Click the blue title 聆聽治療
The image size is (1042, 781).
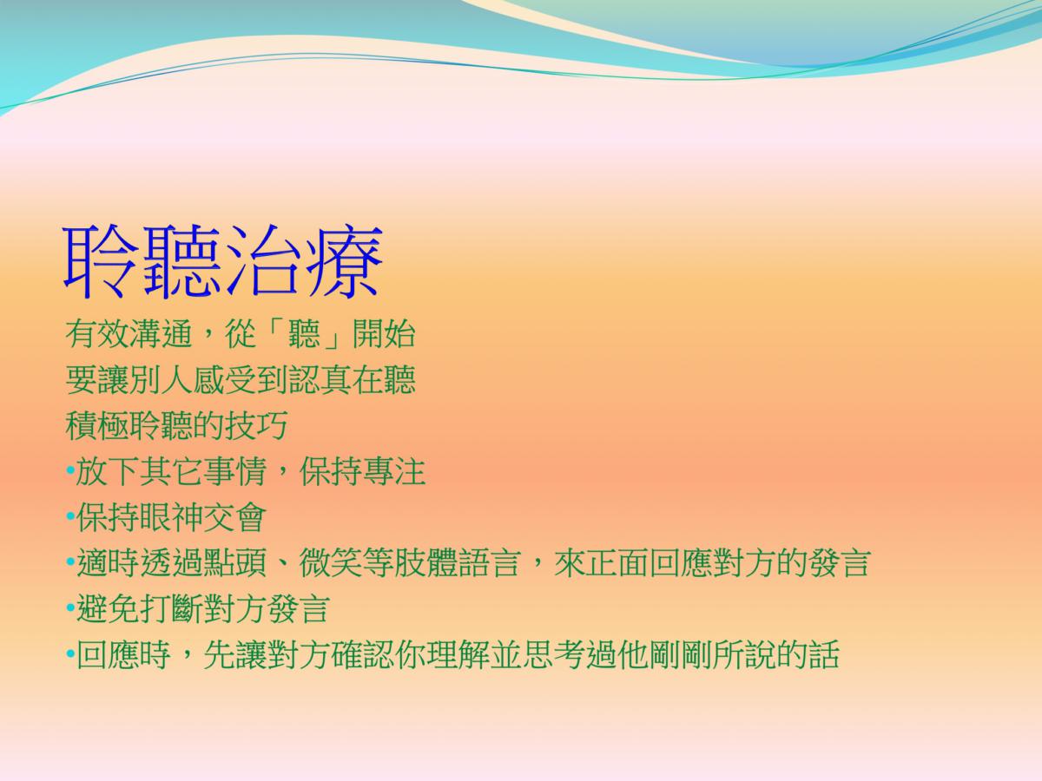(222, 262)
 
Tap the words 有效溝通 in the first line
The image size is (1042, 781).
(129, 334)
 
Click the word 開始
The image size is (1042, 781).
(384, 334)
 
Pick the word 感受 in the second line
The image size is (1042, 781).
(225, 379)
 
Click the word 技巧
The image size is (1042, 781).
(256, 425)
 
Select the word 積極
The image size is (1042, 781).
(97, 425)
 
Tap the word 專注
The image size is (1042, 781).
(394, 471)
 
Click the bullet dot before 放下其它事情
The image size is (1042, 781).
(70, 471)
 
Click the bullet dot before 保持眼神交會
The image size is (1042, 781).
(70, 516)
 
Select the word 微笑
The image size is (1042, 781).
(331, 563)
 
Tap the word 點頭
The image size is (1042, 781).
(235, 563)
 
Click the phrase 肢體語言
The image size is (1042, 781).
(458, 563)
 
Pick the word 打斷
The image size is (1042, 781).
(171, 608)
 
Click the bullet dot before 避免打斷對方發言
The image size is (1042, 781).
(70, 608)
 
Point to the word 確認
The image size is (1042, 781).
(362, 654)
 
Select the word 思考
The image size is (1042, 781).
(553, 654)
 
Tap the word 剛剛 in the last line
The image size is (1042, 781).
(680, 654)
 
